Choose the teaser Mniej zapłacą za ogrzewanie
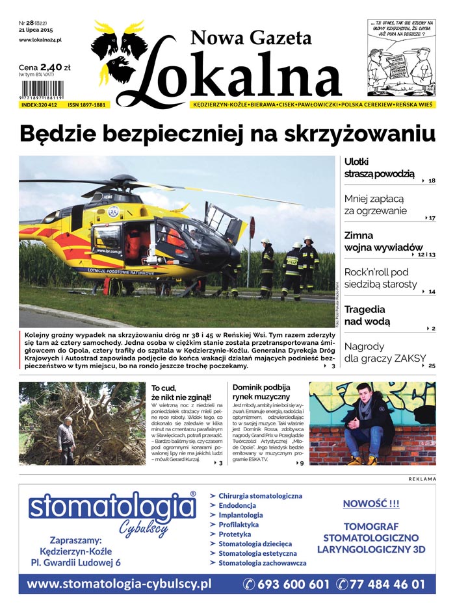(x=375, y=205)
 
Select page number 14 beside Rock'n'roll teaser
(x=432, y=292)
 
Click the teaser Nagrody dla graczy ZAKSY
(x=385, y=352)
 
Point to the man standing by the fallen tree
(x=66, y=443)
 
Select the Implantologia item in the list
(x=240, y=515)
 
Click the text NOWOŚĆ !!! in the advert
(x=370, y=503)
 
